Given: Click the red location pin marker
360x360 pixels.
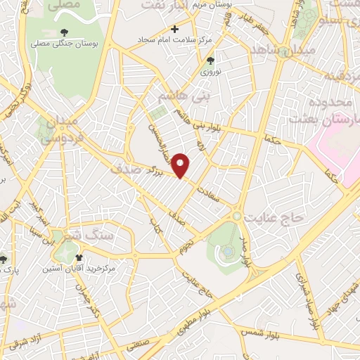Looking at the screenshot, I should click(181, 165).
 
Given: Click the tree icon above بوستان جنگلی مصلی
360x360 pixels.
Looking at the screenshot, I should click(65, 32).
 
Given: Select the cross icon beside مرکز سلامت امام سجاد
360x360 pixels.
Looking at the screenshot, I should click(175, 29).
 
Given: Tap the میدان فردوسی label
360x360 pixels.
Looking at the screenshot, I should click(59, 131).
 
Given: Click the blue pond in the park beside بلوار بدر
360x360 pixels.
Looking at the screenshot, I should click(229, 252).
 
